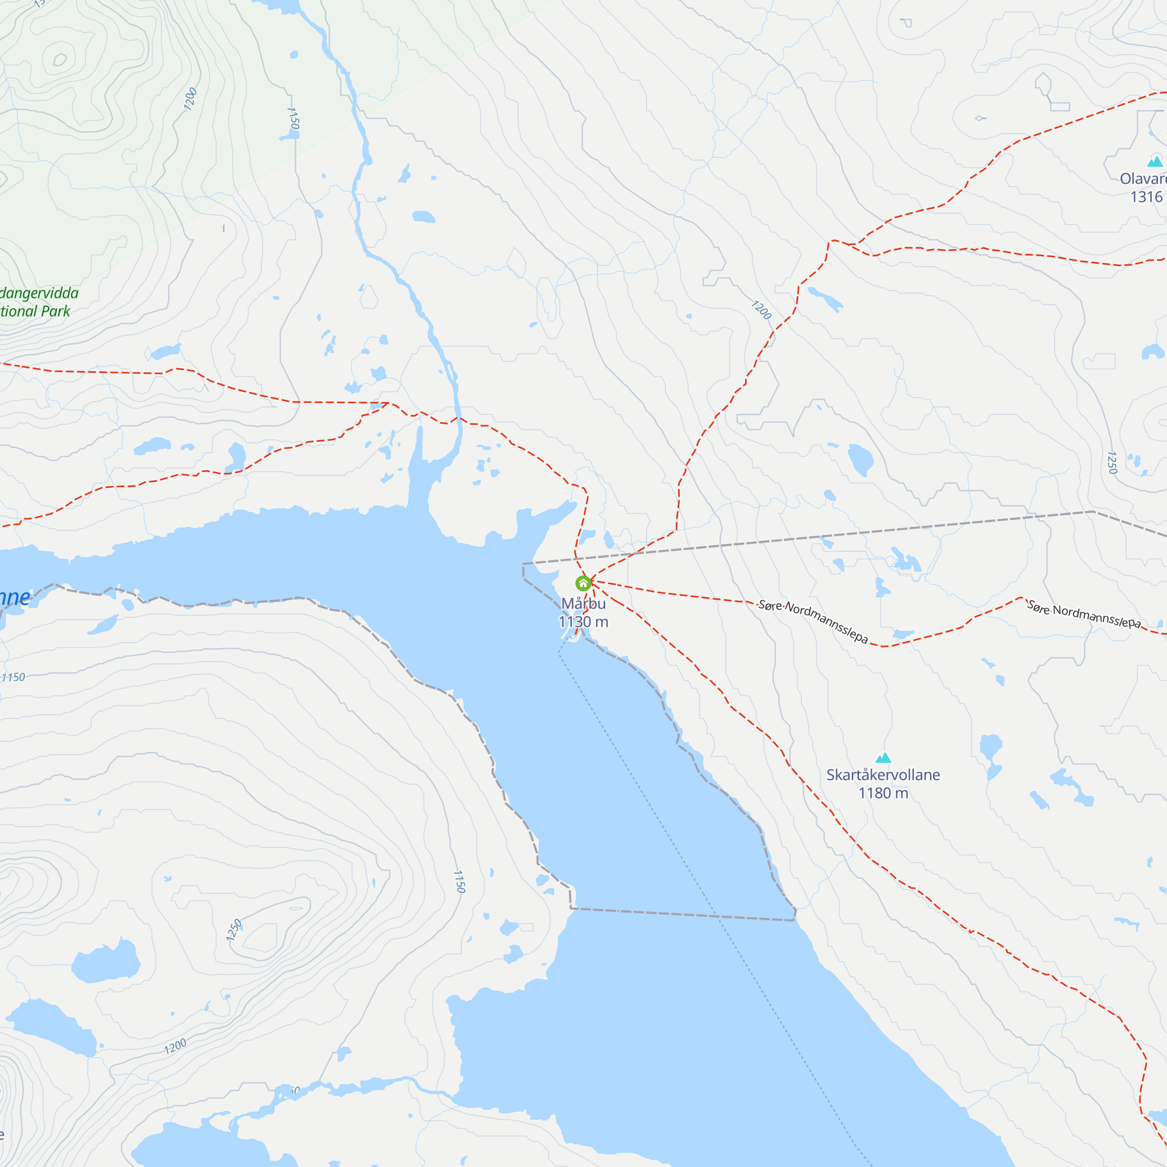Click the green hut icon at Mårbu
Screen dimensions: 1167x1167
583,583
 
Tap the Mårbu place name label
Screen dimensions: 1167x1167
583,603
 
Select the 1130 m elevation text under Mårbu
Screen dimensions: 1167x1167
583,621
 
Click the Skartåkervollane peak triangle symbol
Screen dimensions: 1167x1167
883,757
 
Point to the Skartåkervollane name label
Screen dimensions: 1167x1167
882,775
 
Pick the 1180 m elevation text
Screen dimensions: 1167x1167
883,793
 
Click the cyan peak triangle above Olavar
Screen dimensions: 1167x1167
1154,161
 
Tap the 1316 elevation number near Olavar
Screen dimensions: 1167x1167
1146,197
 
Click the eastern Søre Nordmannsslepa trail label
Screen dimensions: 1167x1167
1084,614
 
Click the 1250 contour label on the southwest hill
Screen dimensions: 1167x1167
234,930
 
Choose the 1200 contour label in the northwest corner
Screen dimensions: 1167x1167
190,99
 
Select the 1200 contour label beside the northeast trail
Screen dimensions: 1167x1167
761,310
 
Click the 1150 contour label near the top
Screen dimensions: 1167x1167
293,118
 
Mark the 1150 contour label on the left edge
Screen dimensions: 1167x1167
13,677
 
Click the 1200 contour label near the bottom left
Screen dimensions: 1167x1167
175,1046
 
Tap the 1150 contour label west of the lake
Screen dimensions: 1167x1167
460,882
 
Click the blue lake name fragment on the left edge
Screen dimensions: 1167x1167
15,598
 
